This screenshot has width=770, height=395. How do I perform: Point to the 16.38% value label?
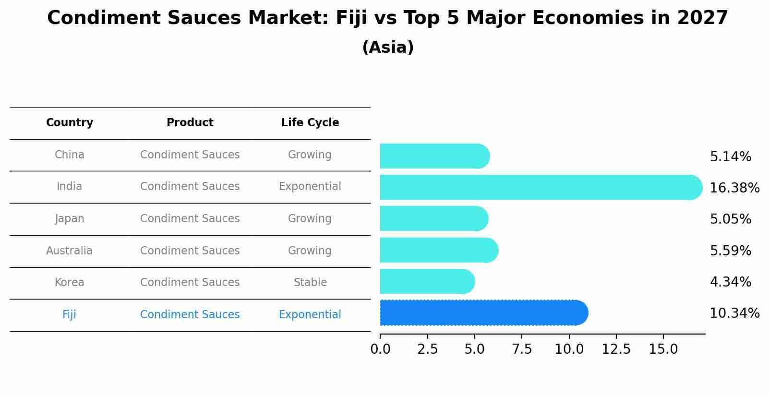(x=734, y=188)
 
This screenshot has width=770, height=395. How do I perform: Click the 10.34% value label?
(x=734, y=313)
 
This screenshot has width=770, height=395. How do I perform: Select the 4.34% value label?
(x=730, y=282)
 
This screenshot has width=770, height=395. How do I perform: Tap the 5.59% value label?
(x=730, y=251)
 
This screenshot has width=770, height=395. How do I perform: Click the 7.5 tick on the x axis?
(x=522, y=349)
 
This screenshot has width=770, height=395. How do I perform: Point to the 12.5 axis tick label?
(x=616, y=349)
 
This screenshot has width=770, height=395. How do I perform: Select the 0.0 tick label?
(x=380, y=349)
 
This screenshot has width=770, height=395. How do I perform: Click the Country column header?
(x=70, y=123)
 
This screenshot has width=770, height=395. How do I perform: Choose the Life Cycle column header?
(x=310, y=123)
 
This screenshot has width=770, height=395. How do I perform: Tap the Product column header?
(x=190, y=123)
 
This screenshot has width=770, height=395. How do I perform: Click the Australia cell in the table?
(x=70, y=251)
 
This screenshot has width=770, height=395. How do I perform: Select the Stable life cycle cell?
(x=310, y=282)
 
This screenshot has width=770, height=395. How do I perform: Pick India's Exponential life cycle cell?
(x=310, y=186)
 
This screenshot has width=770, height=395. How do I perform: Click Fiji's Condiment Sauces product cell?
(x=190, y=314)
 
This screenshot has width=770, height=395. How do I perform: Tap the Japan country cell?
(x=70, y=218)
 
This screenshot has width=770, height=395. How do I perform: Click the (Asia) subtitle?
(x=388, y=48)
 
